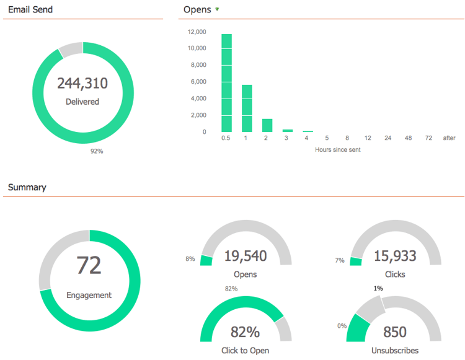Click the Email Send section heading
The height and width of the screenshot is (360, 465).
coord(30,10)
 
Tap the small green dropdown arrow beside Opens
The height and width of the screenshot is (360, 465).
coord(217,9)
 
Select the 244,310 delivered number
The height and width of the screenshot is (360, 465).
coord(82,83)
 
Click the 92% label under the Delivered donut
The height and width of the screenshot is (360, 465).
coord(97,151)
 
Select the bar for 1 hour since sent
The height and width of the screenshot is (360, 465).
coord(246,108)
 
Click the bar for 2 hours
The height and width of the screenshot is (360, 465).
coord(267,125)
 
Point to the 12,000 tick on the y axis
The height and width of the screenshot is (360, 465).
coord(197,32)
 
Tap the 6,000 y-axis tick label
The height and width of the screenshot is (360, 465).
coord(198,82)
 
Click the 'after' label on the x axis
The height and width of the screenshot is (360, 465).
coord(449,138)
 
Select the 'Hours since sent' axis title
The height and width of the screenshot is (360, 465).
coord(338,150)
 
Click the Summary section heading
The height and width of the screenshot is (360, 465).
coord(27,187)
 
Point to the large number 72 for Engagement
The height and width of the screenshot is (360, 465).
coord(89,265)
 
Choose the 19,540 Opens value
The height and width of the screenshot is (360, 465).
coord(246,255)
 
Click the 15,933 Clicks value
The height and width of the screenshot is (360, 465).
coord(396,255)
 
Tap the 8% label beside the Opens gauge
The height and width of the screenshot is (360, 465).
coord(190,259)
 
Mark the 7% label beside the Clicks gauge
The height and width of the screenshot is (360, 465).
coord(339,260)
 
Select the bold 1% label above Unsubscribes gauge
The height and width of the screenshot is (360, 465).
coord(378,288)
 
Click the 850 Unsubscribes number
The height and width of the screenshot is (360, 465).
coord(395,331)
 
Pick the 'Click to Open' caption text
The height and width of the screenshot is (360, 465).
coord(246,350)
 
